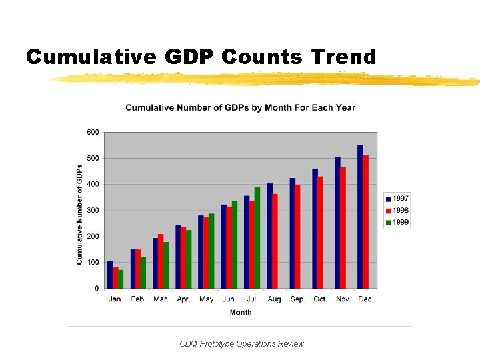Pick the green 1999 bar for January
click(121, 279)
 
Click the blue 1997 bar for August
click(269, 236)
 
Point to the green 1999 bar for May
click(211, 251)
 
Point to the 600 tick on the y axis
click(93, 132)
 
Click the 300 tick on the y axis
click(93, 210)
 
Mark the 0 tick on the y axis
click(97, 289)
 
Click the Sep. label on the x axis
click(297, 299)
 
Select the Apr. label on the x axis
click(183, 299)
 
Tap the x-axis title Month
click(241, 313)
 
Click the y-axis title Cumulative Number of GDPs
click(79, 214)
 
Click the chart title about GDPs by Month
click(240, 107)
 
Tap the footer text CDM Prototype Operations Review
click(241, 344)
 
